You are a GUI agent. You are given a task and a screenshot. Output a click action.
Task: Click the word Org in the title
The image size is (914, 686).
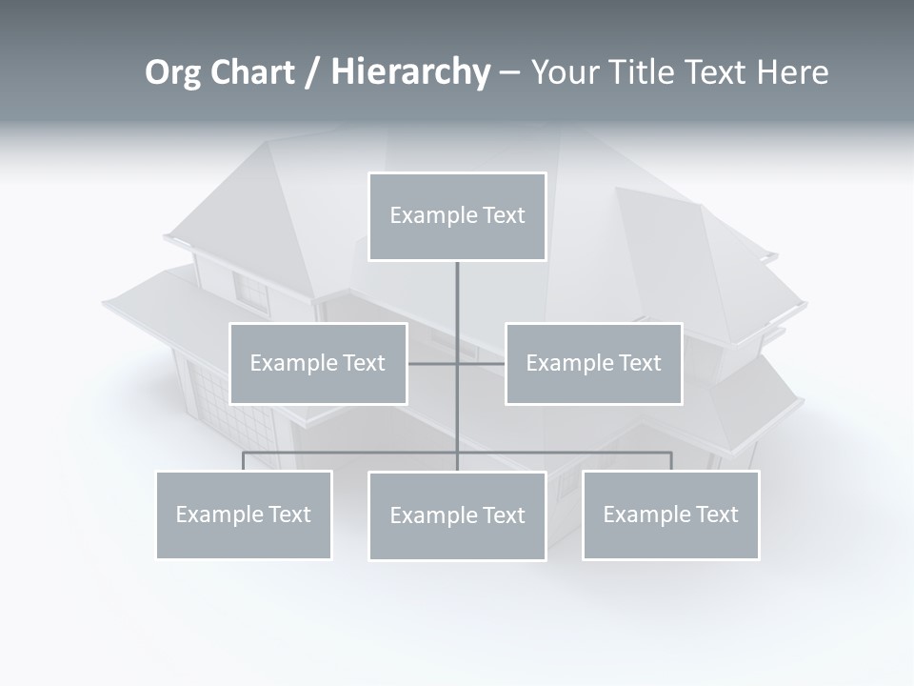pos(172,72)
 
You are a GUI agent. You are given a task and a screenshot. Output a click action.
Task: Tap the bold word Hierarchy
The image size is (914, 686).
pos(410,72)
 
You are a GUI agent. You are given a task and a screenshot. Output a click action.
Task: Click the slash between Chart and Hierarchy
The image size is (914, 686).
pos(312,72)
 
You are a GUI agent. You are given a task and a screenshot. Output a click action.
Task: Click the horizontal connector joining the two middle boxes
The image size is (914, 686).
pos(433,363)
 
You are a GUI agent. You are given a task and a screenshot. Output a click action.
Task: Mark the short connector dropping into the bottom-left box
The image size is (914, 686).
pos(244,461)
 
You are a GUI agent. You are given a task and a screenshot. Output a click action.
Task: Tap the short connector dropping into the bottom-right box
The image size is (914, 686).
pos(671,461)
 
